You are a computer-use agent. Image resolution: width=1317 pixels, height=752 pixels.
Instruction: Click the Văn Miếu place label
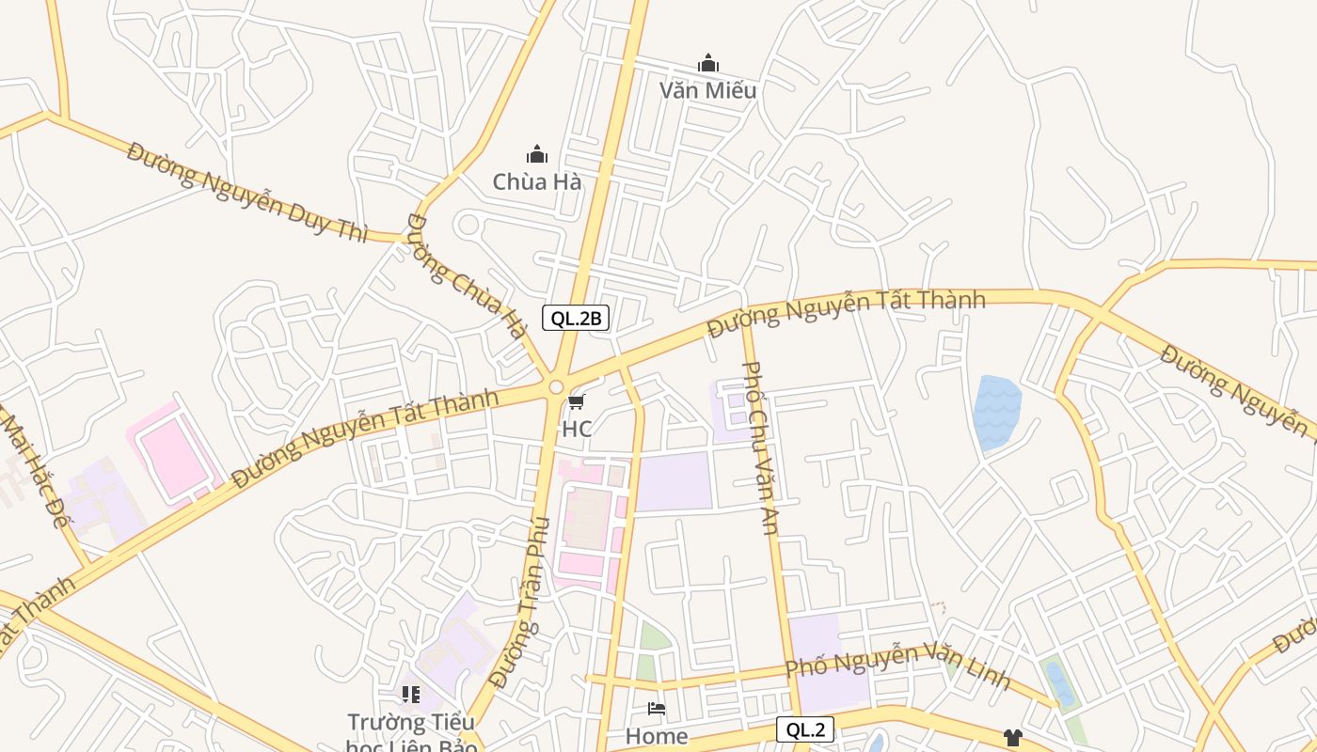point(707,90)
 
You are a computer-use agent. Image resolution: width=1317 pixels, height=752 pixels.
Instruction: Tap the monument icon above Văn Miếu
point(708,64)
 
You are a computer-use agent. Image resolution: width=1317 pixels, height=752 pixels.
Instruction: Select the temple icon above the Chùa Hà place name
point(537,154)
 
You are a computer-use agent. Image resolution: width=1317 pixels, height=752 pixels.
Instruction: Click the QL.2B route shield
point(576,318)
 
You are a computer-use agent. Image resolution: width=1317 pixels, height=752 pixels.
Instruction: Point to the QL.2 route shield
point(805,729)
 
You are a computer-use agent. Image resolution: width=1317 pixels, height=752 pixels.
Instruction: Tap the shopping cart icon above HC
point(576,402)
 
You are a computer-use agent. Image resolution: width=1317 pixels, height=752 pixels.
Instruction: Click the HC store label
point(577,429)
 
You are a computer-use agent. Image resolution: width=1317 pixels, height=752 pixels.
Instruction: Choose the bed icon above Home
point(657,709)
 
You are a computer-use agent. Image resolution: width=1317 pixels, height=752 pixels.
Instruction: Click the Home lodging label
point(657,735)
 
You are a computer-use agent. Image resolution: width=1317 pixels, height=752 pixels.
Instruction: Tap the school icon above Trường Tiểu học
point(411,695)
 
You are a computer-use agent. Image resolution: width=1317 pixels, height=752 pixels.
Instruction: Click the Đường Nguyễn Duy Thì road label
point(247,192)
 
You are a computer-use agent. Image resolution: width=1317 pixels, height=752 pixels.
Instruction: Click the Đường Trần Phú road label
point(520,602)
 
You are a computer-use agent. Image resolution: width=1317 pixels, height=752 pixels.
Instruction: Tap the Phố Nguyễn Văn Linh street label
point(897,662)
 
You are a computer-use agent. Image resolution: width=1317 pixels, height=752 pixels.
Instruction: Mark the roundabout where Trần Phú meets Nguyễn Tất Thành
point(556,386)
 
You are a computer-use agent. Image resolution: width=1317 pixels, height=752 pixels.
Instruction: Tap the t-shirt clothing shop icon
point(1012,738)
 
